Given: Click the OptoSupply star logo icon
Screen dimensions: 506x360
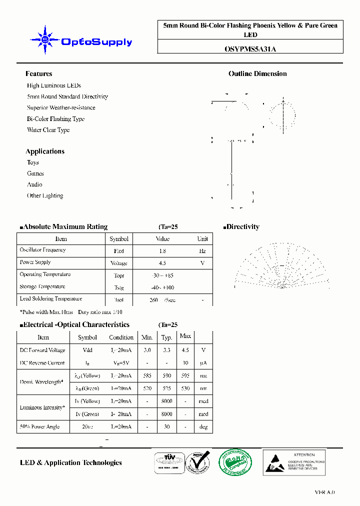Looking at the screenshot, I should click(x=45, y=40).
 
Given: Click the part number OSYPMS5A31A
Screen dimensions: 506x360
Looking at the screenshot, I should click(x=250, y=48).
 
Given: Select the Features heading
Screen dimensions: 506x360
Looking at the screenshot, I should click(x=38, y=73).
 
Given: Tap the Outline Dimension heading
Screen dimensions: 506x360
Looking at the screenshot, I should click(x=257, y=73).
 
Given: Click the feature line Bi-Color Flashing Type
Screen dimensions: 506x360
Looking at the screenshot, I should click(x=55, y=119).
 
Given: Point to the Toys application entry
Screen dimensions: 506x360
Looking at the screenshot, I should click(x=33, y=162).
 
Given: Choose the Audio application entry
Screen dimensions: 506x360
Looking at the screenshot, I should click(x=34, y=184).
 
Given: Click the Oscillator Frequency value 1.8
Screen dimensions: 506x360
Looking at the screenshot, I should click(x=162, y=251).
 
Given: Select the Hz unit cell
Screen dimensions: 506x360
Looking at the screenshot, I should click(x=202, y=251).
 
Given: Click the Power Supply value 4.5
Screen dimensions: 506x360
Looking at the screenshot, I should click(x=162, y=263).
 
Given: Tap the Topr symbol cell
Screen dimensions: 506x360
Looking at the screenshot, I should click(x=119, y=275).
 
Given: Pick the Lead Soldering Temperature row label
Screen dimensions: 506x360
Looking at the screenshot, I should click(x=50, y=299).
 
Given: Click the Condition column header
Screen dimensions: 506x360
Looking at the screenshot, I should click(x=121, y=337).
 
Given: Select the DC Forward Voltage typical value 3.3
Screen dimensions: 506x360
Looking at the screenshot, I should click(x=167, y=350).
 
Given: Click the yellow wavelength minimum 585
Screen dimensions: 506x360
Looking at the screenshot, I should click(x=147, y=375).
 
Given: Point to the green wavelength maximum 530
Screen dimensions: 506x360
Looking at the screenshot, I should click(x=185, y=388).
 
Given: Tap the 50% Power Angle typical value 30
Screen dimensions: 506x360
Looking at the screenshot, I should click(x=167, y=426).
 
